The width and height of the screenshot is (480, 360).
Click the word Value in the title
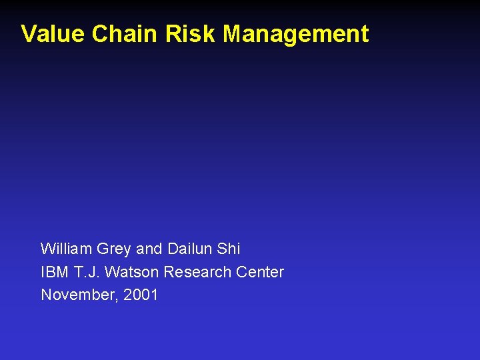pos(53,34)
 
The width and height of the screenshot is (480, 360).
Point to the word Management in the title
pos(295,35)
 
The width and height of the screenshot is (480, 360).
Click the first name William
pos(66,249)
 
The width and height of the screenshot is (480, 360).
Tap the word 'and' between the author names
pos(149,249)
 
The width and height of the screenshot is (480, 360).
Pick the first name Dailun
pos(189,249)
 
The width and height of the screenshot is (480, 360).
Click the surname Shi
pos(229,249)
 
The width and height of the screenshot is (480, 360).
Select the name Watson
pos(133,272)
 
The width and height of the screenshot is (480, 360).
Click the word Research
pos(197,272)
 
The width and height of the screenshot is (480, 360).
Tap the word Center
pos(260,272)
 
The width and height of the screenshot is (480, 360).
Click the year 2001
pos(141,295)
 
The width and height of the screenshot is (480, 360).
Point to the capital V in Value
pos(28,34)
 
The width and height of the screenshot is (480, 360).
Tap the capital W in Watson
pos(112,272)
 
